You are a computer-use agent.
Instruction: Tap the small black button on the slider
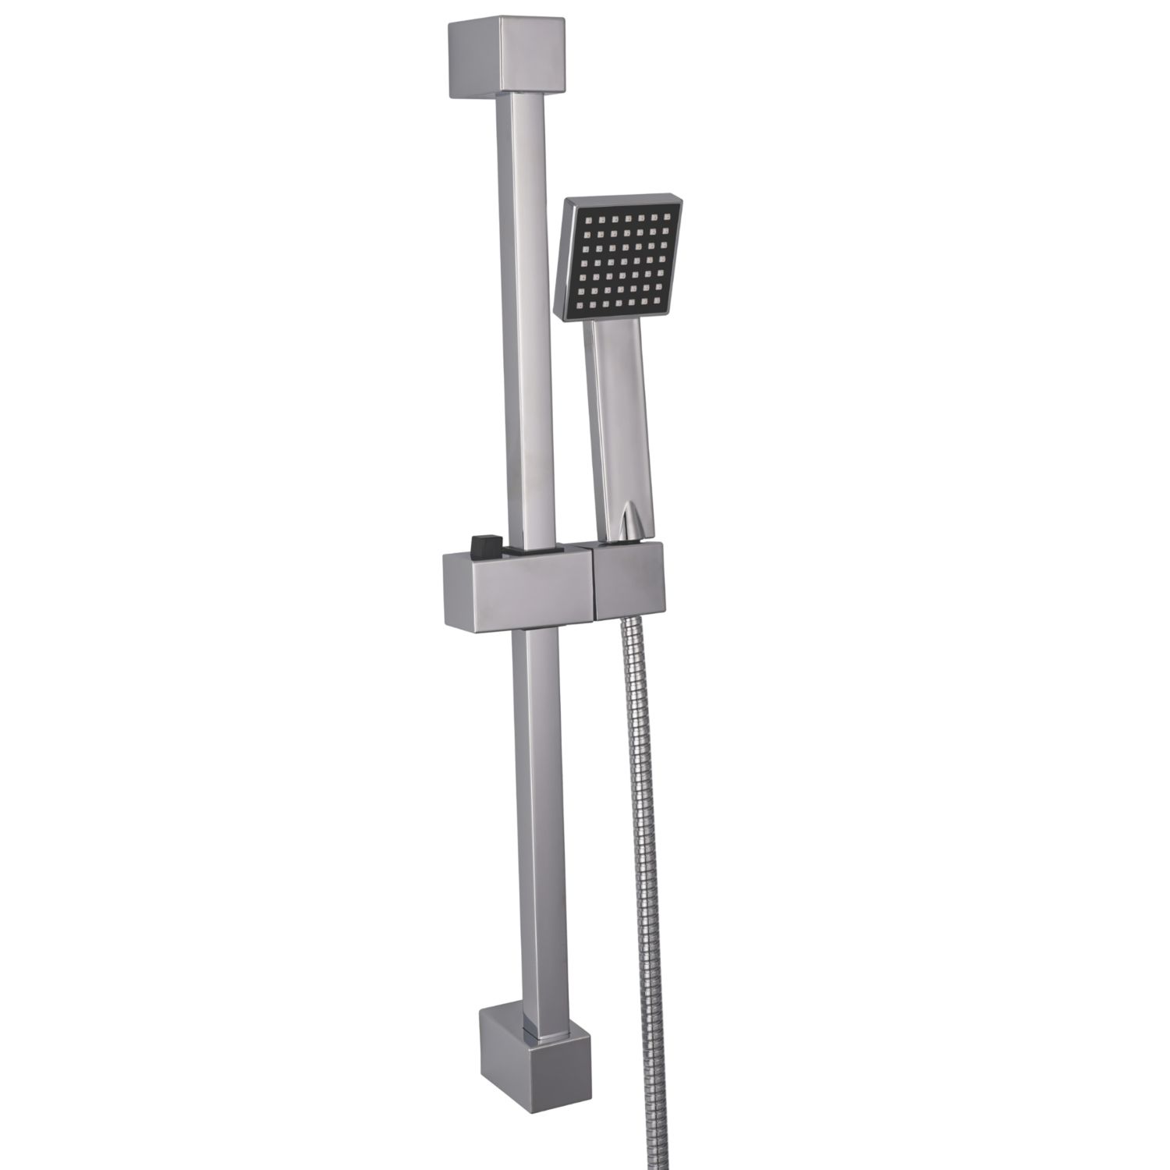484,543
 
